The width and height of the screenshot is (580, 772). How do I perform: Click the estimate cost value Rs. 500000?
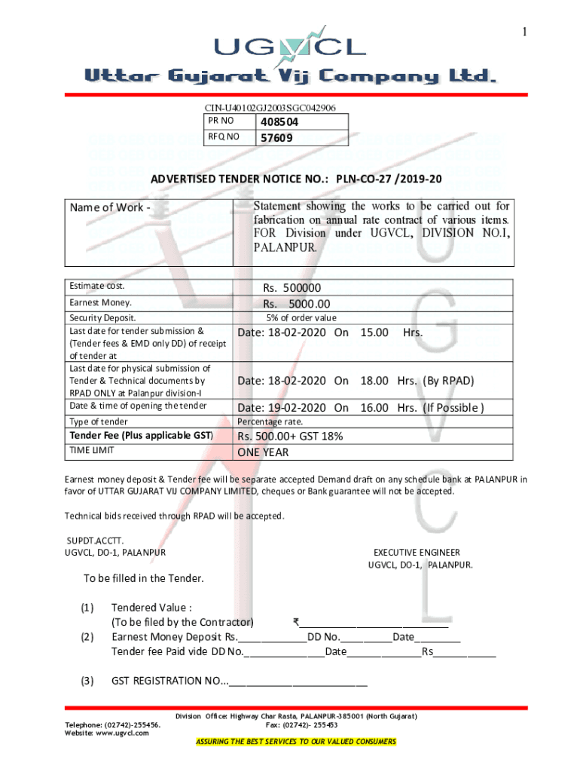pos(292,288)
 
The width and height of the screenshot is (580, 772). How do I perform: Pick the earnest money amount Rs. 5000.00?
pos(293,303)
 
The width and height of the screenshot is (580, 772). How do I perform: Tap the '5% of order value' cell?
pos(301,318)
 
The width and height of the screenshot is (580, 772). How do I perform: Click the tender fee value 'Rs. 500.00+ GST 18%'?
pos(290,437)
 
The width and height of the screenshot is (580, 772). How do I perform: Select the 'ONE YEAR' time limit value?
pos(263,452)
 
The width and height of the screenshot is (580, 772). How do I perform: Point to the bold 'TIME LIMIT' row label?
pos(93,451)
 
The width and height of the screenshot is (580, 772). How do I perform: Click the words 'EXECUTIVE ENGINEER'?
pos(417,553)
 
